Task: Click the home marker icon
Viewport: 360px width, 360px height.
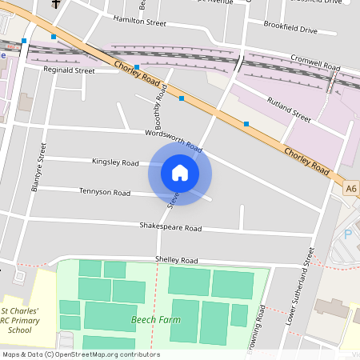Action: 180,172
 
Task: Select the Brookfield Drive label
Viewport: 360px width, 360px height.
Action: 291,30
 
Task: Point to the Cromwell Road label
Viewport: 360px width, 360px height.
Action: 315,61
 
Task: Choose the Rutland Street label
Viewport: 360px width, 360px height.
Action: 289,110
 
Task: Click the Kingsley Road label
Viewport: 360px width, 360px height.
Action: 116,162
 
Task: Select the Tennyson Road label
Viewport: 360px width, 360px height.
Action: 105,192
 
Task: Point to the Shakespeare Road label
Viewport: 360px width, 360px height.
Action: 170,227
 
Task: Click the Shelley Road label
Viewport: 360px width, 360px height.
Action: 177,260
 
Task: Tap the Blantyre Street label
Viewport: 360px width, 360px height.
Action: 38,167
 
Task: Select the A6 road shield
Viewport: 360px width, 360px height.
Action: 351,189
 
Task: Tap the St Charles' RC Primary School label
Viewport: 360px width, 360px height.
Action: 26,319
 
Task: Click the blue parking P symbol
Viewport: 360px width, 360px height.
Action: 347,234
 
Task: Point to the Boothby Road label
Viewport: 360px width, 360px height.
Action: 160,110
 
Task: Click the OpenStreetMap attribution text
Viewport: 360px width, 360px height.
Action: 81,354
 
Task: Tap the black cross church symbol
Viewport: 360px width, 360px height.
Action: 56,3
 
